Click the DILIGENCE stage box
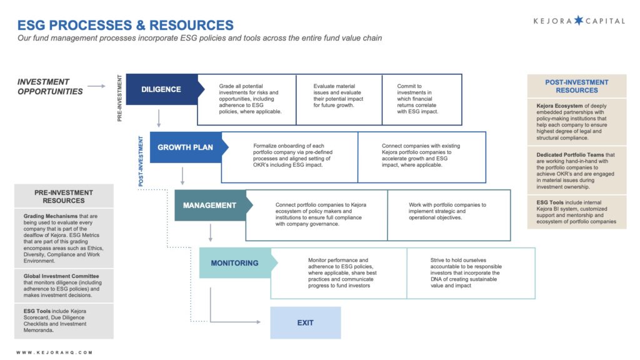162,89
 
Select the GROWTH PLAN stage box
186,147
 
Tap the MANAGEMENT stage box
211,205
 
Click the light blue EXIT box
305,323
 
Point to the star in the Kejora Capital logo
579,21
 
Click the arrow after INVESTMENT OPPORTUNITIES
96,86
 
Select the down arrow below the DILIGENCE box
159,118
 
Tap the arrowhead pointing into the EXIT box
258,322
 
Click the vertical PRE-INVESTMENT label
119,98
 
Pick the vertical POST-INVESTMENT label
141,161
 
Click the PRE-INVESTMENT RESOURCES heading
64,196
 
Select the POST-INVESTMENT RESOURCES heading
576,86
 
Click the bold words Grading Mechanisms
51,216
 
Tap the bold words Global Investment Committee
61,276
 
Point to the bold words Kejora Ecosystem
559,106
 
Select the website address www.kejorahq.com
55,352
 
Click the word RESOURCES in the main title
191,25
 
